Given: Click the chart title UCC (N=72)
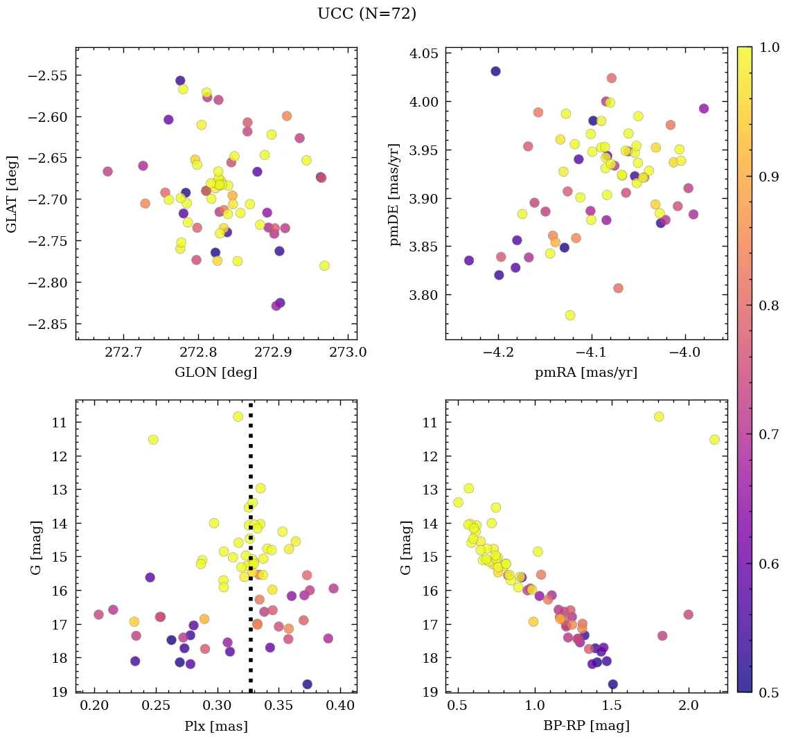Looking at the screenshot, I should click(366, 14).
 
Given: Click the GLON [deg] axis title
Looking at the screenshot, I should click(215, 373).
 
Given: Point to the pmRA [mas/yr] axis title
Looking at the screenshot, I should click(585, 373).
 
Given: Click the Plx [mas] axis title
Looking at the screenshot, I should click(215, 726).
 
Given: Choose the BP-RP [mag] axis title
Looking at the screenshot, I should click(585, 726).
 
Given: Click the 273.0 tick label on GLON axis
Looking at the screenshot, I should click(348, 353).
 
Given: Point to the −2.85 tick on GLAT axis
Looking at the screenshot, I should click(50, 324).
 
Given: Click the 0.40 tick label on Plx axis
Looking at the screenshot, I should click(340, 706).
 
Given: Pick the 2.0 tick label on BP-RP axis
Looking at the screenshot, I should click(689, 706).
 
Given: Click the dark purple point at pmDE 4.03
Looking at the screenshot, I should click(495, 71).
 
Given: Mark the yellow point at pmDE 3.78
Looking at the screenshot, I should click(570, 315).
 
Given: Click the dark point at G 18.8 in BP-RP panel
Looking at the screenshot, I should click(612, 684).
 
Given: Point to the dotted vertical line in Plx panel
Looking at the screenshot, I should click(250, 554).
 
